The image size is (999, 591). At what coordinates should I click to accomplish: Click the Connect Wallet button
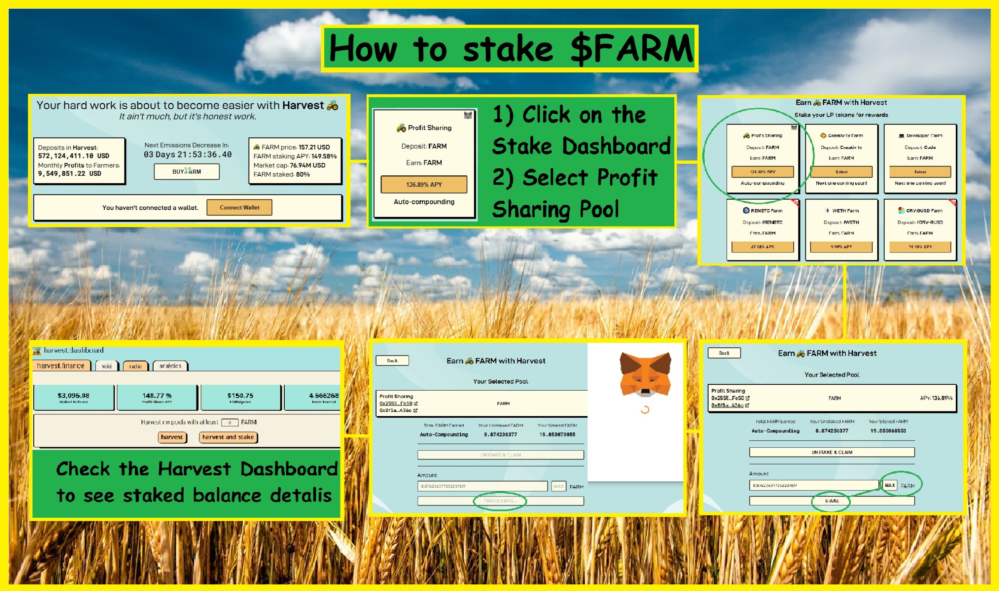coord(239,207)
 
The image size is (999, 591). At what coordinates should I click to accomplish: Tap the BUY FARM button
coord(186,172)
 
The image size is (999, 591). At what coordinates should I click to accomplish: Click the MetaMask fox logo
coord(645,374)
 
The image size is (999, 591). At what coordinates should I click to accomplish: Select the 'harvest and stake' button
coord(228,437)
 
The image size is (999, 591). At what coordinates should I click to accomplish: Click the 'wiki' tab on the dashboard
coord(107,366)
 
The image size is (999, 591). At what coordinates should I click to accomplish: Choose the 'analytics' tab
coord(170,366)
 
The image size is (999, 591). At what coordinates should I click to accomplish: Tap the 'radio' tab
coord(135,366)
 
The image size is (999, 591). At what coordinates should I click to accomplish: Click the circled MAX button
coord(890,485)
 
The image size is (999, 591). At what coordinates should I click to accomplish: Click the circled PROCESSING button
coord(500,501)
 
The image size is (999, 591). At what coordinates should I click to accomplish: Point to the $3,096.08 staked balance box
coord(74,397)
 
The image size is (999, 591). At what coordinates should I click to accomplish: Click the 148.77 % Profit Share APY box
coord(157,397)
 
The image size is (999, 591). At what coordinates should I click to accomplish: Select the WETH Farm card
coord(841,229)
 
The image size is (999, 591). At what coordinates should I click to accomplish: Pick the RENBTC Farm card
coord(763,229)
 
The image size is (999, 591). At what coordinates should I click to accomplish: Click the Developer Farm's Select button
coord(920,172)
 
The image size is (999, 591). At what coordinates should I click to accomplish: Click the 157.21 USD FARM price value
coord(314,147)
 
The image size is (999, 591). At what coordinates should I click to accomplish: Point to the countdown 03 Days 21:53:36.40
coord(187,155)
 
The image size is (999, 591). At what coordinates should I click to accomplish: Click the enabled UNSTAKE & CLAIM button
coord(832,452)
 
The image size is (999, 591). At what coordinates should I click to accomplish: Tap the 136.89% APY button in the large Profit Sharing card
coord(424,185)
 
